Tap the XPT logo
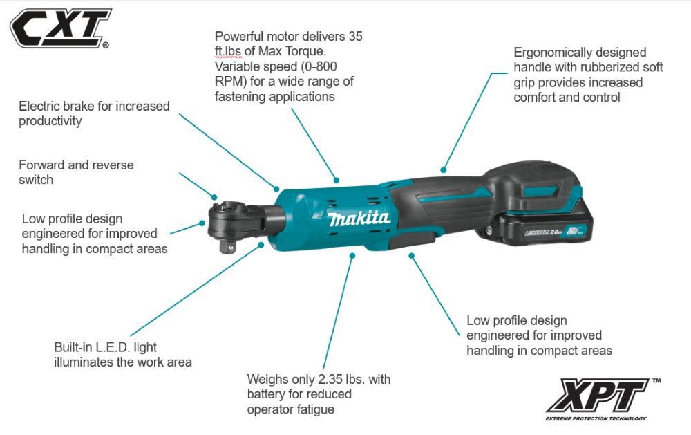pos(597,396)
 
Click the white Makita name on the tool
pos(359,220)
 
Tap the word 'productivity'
pos(50,121)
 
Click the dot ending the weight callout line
pos(352,255)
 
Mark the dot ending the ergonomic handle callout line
pos(443,168)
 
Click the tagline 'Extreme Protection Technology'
pos(596,418)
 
